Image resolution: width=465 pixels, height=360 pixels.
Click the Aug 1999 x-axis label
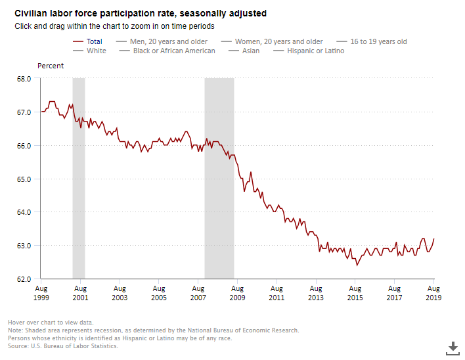click(41, 292)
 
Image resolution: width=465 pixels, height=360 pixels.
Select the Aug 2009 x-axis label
click(237, 292)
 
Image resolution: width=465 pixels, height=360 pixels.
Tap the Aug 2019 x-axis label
click(433, 292)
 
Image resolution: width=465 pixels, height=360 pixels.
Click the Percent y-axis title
click(51, 66)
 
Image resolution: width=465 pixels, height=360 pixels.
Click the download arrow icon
click(453, 347)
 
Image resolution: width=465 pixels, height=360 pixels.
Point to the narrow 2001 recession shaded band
click(78, 177)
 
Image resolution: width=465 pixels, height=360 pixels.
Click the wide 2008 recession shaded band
click(219, 177)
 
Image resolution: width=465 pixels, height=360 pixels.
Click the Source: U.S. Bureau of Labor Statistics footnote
click(63, 346)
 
